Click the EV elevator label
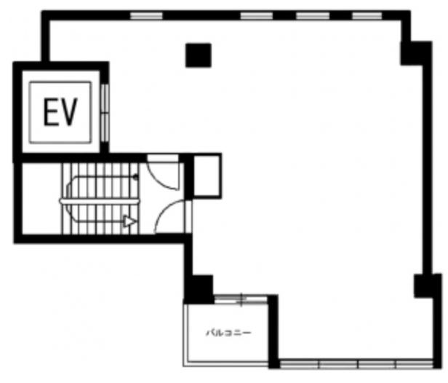point(60,112)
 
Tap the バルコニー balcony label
point(228,333)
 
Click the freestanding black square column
point(199,55)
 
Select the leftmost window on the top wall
point(146,15)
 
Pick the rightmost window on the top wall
point(367,15)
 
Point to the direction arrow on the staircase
point(129,221)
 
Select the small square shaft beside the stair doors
point(207,176)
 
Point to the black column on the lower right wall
point(425,285)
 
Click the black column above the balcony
point(199,289)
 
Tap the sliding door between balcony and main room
point(241,299)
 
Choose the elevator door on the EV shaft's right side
point(105,113)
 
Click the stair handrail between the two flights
point(100,202)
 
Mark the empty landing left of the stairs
point(42,199)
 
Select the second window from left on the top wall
point(256,15)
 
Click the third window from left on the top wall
point(312,15)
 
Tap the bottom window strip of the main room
point(356,364)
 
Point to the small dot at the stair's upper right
point(136,178)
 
